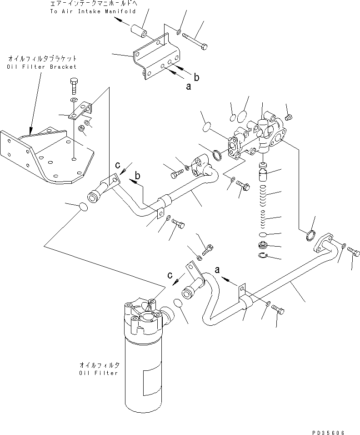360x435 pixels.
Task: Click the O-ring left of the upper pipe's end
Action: (x=83, y=208)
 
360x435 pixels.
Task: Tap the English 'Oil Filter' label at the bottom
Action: (x=98, y=373)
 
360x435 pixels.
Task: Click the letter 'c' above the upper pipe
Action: (x=117, y=165)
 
